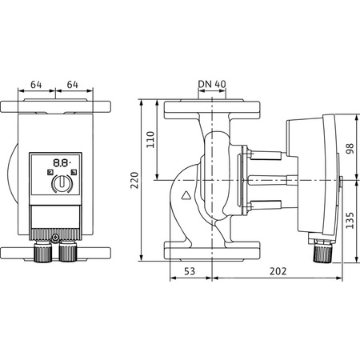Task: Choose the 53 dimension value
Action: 190,273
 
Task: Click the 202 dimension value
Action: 277,273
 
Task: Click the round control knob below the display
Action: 61,185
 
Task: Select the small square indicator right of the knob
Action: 74,173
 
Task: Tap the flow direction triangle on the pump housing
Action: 186,194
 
